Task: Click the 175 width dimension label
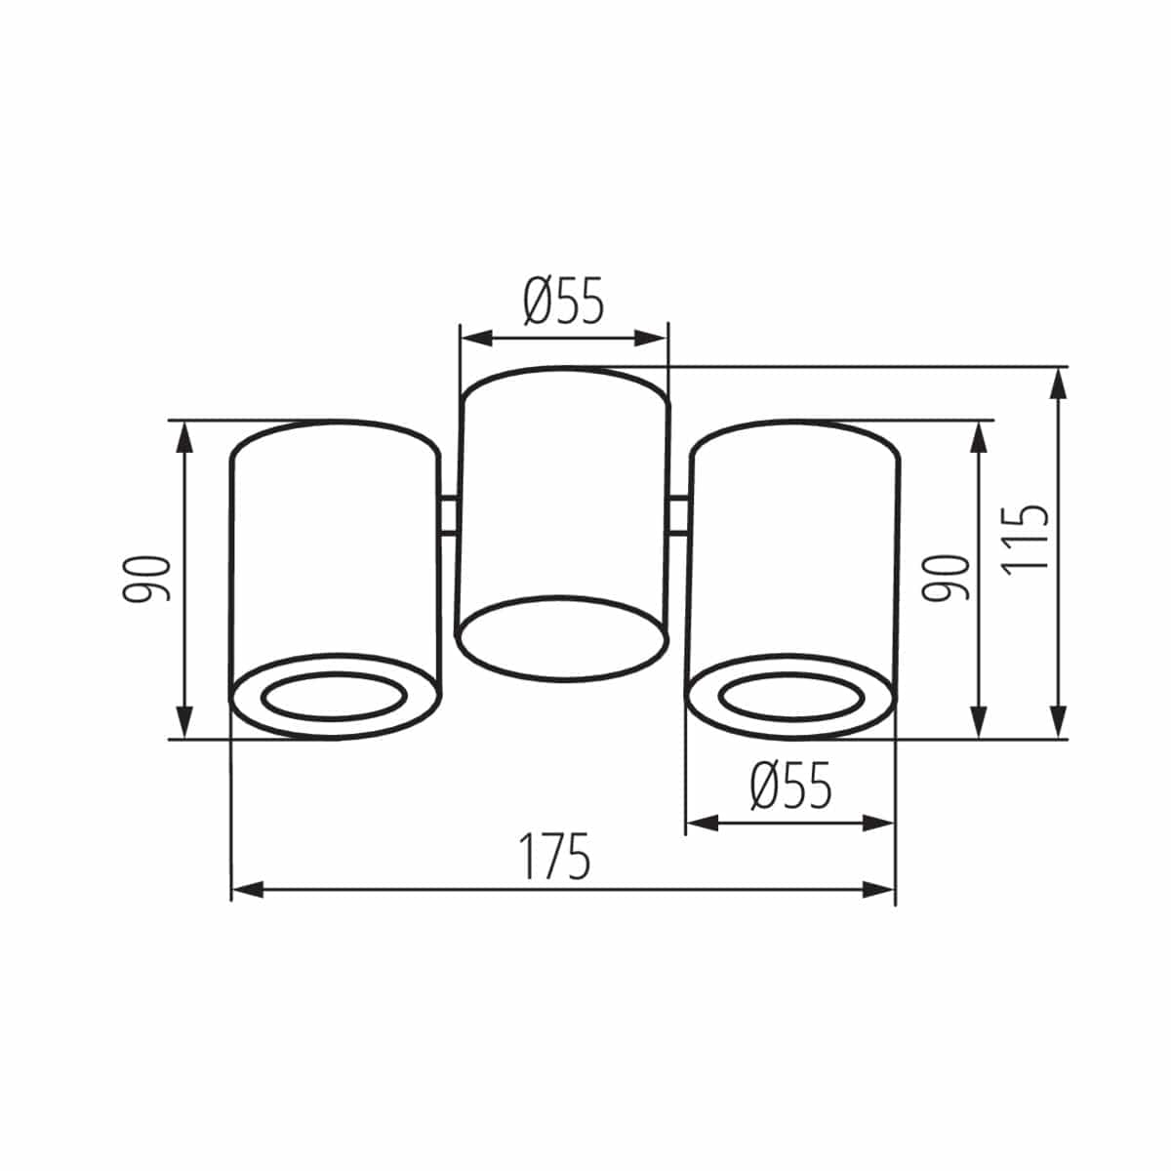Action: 554,857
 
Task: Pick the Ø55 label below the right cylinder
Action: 790,787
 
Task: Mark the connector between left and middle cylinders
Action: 449,515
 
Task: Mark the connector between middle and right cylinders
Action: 680,515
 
